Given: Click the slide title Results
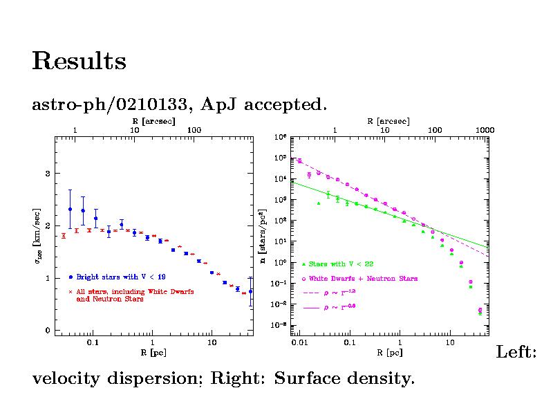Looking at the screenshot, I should coord(79,62).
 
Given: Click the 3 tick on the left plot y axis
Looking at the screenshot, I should coord(48,173).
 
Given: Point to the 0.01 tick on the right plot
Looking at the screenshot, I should coord(299,342).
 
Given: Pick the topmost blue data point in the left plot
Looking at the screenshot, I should coord(70,209).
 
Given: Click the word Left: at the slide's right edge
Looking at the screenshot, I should coord(516,353).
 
